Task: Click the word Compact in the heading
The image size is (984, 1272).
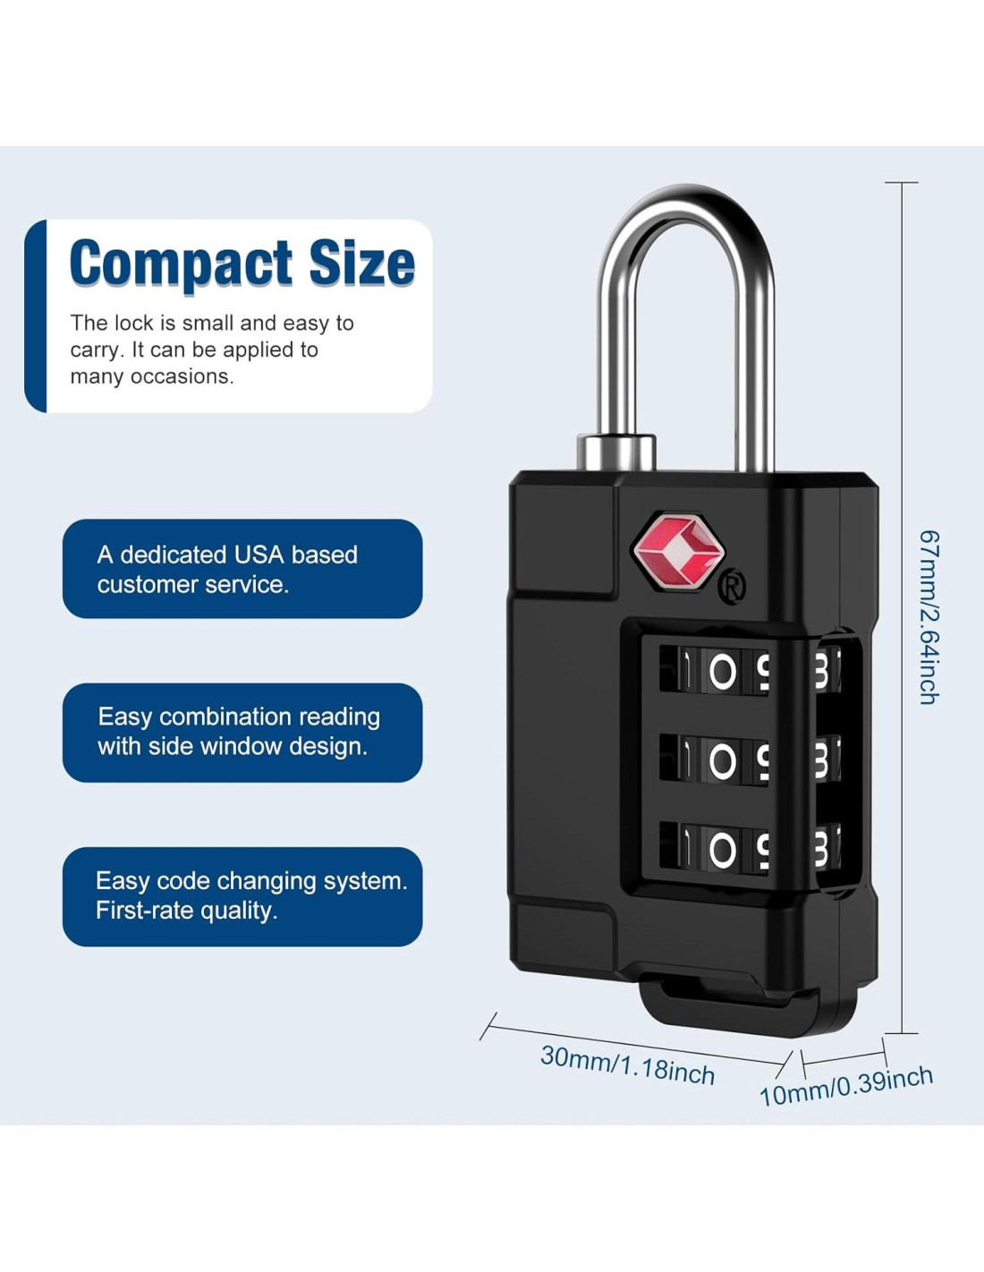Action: [x=182, y=263]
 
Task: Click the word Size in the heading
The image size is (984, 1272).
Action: [x=361, y=263]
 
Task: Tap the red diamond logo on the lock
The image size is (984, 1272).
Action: [x=677, y=551]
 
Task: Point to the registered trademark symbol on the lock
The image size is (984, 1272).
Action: [x=732, y=587]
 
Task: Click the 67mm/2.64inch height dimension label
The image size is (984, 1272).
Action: [x=929, y=617]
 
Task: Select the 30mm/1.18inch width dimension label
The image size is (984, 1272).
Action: [x=627, y=1064]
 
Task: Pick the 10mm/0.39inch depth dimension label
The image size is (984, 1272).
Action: [x=845, y=1086]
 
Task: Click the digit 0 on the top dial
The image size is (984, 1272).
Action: [x=722, y=672]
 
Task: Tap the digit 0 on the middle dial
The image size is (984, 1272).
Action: [x=722, y=761]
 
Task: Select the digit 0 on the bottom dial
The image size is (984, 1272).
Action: [x=722, y=851]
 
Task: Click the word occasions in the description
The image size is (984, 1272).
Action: [x=182, y=377]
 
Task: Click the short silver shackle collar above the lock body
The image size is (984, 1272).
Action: [x=616, y=451]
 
